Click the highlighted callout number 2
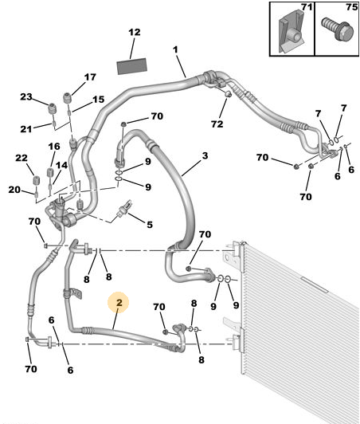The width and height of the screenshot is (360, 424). (x=119, y=302)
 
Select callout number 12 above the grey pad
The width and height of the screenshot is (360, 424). (x=135, y=32)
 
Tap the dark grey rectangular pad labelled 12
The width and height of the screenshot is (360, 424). (x=132, y=66)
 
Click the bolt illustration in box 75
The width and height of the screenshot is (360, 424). (x=338, y=29)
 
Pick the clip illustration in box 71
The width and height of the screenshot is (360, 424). (x=292, y=33)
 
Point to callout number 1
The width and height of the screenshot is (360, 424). (x=175, y=49)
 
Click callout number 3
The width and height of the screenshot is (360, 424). (x=205, y=155)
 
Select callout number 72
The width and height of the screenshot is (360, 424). (x=217, y=124)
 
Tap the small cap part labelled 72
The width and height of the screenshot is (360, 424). (x=228, y=94)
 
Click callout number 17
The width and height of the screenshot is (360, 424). (x=90, y=77)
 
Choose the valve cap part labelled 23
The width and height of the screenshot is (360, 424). (x=52, y=108)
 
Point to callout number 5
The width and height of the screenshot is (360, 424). (x=150, y=225)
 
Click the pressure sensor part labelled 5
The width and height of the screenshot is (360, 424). (x=123, y=208)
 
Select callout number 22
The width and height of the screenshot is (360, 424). (x=22, y=158)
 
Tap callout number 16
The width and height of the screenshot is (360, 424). (x=54, y=147)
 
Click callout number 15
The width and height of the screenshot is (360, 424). (x=99, y=100)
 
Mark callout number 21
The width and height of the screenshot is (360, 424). (x=26, y=129)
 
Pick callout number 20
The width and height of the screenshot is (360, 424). (x=14, y=190)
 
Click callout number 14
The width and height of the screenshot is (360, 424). (x=61, y=165)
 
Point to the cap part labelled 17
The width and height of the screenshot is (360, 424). (x=67, y=97)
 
